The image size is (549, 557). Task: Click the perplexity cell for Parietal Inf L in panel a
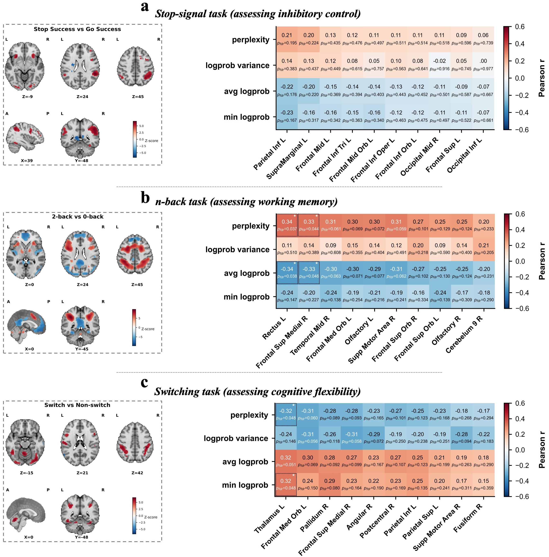click(287, 39)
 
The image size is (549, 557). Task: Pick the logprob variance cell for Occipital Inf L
click(483, 65)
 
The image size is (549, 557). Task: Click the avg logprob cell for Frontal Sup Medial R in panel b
click(309, 272)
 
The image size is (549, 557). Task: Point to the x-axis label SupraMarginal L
click(287, 158)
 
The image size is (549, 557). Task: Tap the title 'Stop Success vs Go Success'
click(77, 29)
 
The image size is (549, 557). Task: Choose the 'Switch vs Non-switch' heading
click(77, 405)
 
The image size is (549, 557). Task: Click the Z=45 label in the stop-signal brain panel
click(138, 97)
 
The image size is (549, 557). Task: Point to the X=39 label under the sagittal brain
click(27, 161)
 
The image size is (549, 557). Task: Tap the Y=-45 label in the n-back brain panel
click(82, 349)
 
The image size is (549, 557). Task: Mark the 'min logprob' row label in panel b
click(246, 297)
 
